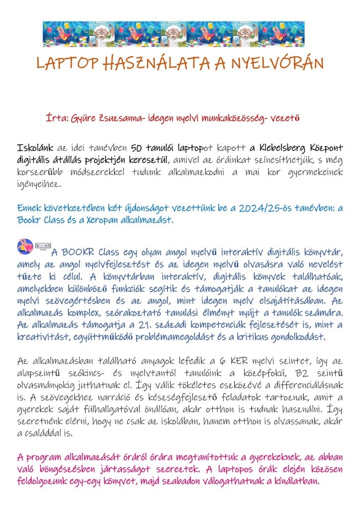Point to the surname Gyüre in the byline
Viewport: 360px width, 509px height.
click(84, 118)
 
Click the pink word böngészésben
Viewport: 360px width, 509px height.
click(62, 469)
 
